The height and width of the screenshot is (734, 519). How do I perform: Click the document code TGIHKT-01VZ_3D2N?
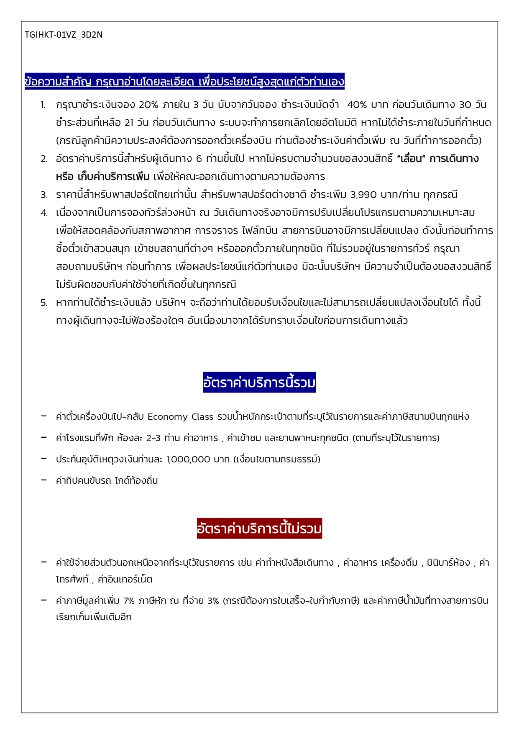click(64, 35)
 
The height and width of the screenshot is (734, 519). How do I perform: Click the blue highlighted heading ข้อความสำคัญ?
click(184, 81)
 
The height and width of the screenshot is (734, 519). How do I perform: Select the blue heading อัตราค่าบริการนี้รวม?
click(259, 382)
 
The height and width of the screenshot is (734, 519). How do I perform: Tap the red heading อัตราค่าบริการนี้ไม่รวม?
click(259, 528)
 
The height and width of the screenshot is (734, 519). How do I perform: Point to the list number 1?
click(43, 105)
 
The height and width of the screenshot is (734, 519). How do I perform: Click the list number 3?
click(44, 195)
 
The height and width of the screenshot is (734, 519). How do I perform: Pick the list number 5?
click(44, 303)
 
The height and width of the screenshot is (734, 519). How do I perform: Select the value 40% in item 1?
click(357, 105)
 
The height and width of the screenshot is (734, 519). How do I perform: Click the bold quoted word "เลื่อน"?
click(411, 159)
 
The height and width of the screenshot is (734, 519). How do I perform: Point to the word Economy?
click(167, 417)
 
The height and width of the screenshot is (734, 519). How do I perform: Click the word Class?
click(202, 417)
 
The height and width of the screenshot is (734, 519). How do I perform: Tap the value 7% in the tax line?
click(129, 601)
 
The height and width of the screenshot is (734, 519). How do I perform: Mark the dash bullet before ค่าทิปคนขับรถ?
click(43, 480)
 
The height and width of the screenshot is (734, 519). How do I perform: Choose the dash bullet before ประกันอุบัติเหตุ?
click(43, 459)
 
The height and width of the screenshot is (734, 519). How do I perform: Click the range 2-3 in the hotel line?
click(153, 438)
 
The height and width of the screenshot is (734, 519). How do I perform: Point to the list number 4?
click(44, 213)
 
